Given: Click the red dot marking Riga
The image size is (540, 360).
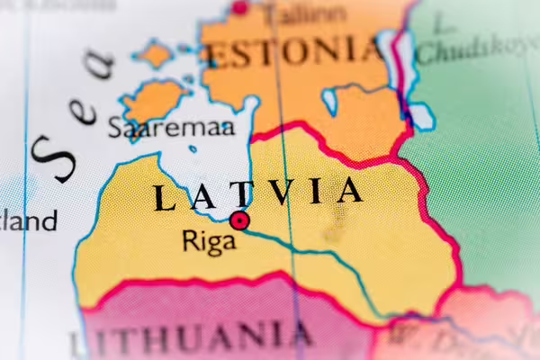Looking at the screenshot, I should pos(239,220).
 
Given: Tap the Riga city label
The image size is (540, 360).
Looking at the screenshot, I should pos(209,241).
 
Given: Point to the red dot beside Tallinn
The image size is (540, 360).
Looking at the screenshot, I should pos(239,7).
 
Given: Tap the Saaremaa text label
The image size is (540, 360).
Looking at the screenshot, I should pos(171,128).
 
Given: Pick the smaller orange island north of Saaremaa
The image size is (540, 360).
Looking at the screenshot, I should pos(156,54).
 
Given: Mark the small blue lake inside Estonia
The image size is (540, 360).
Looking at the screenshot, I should pos(329,100).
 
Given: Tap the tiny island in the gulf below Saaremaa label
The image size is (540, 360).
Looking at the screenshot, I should pos(193,148).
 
